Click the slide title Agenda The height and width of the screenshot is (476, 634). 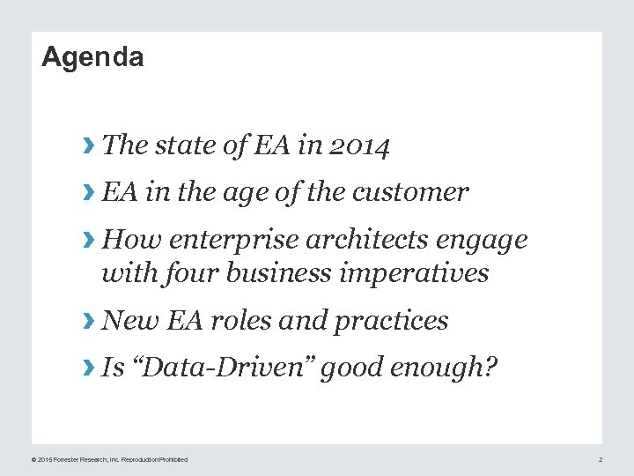(92, 57)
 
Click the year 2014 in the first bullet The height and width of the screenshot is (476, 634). (359, 145)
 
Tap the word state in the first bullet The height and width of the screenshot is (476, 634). (184, 145)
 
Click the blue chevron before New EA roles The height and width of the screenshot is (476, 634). (87, 322)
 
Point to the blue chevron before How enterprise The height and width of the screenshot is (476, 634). (87, 241)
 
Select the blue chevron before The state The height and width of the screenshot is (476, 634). (87, 145)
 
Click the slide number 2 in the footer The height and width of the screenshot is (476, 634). (600, 460)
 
